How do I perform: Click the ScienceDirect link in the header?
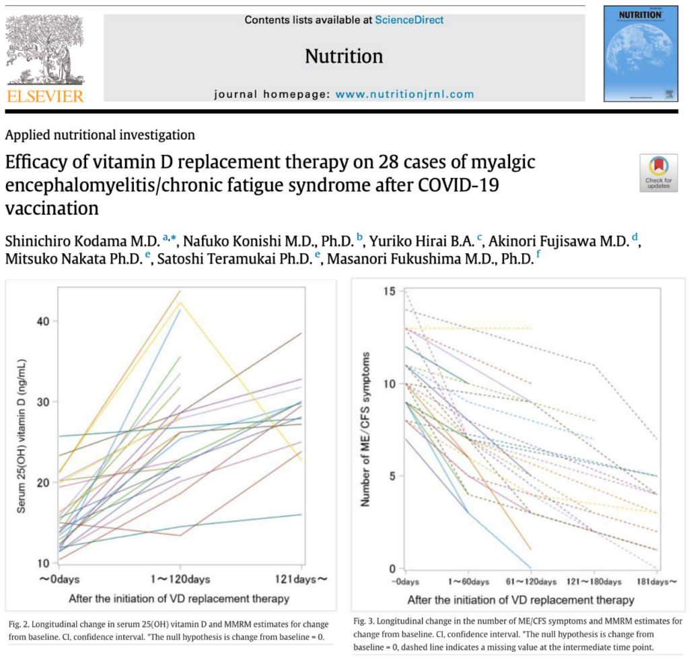409,20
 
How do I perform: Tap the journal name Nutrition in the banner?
344,56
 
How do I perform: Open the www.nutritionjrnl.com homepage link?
404,94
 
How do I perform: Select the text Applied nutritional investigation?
100,135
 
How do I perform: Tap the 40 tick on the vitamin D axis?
43,321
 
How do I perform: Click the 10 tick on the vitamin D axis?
43,563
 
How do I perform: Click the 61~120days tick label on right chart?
532,581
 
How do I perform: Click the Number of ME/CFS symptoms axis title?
366,428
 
